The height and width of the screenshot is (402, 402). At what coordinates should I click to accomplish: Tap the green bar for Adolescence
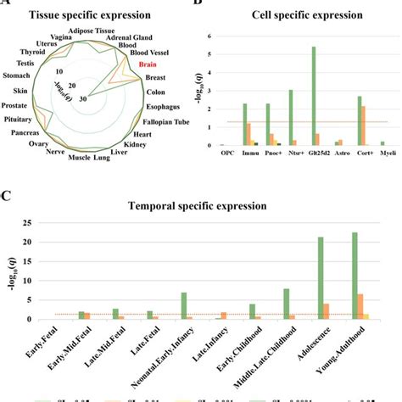tap(321, 278)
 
